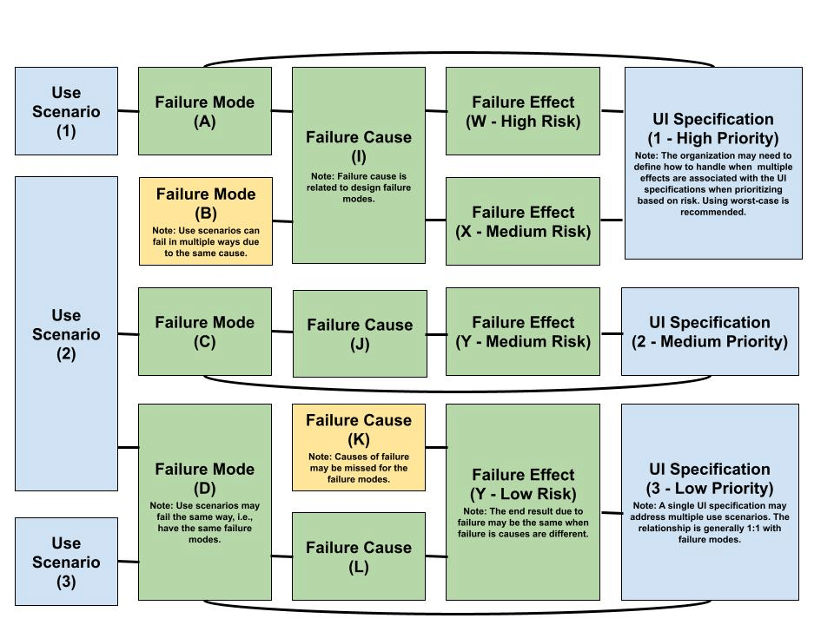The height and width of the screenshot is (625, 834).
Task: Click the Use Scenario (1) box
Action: point(66,111)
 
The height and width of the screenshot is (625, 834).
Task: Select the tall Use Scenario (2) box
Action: point(66,333)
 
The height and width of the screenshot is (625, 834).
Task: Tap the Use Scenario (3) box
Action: point(66,562)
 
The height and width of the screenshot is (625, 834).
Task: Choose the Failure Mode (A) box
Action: point(205,111)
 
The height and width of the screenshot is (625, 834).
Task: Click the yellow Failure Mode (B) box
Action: point(205,220)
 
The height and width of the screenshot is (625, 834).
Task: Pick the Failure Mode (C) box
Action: point(205,332)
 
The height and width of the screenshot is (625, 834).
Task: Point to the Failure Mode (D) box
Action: point(205,501)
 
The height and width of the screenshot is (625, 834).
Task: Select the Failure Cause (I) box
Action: point(359,165)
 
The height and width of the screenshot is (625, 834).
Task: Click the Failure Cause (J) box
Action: point(360,333)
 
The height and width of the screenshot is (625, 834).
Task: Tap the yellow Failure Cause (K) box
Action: point(359,447)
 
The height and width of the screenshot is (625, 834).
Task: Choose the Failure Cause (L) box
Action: point(359,556)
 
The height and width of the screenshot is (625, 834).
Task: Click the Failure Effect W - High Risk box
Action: point(523,111)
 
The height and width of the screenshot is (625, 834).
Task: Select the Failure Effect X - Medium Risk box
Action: point(523,220)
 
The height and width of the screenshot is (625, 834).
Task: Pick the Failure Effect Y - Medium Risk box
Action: point(523,332)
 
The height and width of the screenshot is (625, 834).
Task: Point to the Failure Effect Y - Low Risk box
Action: point(523,501)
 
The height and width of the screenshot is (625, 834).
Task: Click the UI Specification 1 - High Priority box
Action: point(713,162)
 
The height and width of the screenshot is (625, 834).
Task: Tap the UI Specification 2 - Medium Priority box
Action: point(710,332)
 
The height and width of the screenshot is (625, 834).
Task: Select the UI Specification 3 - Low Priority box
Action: point(710,501)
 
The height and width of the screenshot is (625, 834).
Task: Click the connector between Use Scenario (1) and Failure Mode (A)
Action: point(129,111)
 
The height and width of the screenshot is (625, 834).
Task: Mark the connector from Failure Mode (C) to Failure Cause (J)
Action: point(282,332)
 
